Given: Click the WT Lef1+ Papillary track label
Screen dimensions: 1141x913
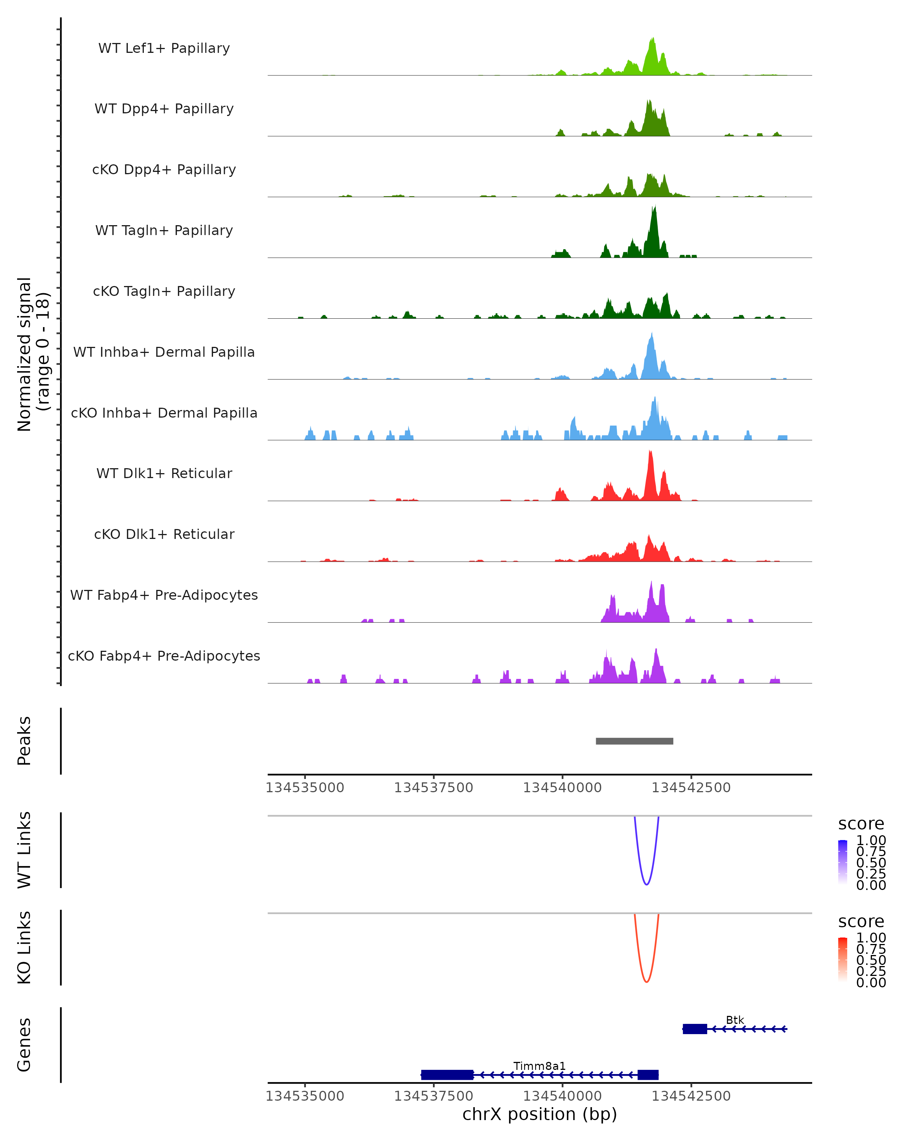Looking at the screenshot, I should coord(164,48).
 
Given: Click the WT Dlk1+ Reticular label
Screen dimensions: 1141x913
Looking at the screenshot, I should coord(164,473).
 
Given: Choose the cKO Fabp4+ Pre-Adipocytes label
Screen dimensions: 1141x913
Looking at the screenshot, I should coord(164,656).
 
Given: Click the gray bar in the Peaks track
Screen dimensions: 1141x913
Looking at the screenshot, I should coord(634,741).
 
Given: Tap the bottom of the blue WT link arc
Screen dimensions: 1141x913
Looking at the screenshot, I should coord(646,884).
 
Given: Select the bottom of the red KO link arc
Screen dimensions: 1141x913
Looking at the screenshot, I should coord(646,982).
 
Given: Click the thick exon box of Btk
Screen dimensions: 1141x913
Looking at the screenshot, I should coord(694,1029).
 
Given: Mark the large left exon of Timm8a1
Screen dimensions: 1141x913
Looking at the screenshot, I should coord(447,1075).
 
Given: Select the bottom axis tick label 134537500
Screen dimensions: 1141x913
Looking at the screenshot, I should coord(433,1096).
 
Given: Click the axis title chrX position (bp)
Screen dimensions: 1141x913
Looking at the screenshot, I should coord(539,1114).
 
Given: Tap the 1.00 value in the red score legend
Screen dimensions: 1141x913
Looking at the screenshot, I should coord(871,938).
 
